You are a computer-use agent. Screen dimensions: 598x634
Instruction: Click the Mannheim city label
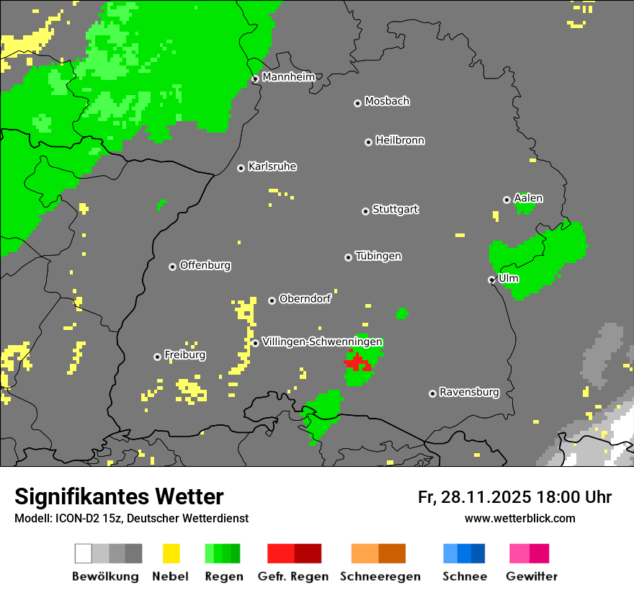coord(288,77)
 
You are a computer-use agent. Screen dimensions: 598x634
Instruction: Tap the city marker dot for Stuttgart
coord(365,211)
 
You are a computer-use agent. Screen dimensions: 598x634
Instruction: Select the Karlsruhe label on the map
coord(272,166)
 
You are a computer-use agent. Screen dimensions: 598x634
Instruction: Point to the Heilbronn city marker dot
coord(368,142)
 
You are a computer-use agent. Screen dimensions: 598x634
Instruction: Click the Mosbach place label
coord(387,102)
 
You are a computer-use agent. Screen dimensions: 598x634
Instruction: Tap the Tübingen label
coord(378,256)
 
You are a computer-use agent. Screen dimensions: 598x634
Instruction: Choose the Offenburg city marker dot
coord(172,267)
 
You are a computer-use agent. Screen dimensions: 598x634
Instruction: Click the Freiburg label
coord(184,355)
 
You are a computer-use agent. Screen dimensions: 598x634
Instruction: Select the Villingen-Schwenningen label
coord(322,342)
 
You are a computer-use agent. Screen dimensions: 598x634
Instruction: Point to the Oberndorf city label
coord(305,299)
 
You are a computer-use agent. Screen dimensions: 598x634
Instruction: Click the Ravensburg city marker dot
coord(432,393)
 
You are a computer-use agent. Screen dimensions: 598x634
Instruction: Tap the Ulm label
coord(509,278)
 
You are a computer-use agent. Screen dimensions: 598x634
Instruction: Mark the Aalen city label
coord(528,198)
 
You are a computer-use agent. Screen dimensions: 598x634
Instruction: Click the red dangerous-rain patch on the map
coord(357,362)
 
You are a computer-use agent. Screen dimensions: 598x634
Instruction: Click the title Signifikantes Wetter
coord(119,496)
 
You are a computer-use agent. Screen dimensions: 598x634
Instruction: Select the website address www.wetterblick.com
coord(519,518)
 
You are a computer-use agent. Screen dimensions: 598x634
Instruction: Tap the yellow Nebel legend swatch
coord(171,553)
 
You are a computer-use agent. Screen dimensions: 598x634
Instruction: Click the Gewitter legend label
coord(531,576)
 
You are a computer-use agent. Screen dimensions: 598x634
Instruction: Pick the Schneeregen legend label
coord(380,576)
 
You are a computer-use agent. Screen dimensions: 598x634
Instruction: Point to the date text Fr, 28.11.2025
coord(474,497)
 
